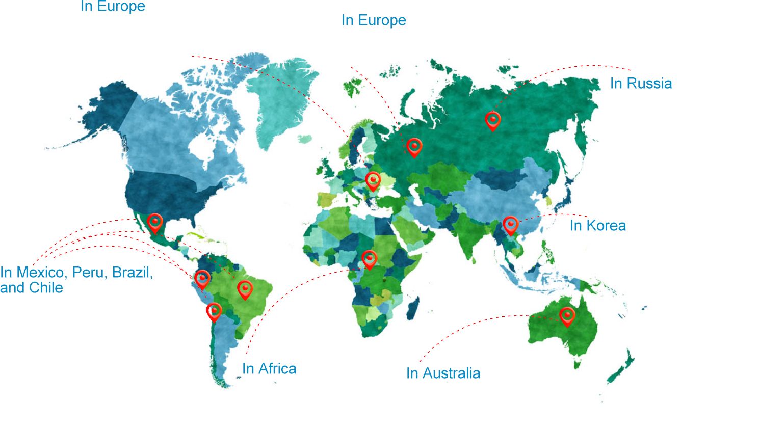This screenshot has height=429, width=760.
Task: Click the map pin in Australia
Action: (567, 316)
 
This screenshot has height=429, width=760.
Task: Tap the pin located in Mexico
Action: (154, 223)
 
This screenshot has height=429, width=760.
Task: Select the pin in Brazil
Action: (245, 289)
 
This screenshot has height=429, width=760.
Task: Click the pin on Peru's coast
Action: (202, 279)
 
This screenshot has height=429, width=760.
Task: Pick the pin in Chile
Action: (214, 311)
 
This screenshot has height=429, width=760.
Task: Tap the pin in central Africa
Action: (369, 259)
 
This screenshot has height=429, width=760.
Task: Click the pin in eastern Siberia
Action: (492, 120)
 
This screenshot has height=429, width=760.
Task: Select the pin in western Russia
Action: (414, 147)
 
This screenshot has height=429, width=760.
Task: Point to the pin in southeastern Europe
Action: (373, 180)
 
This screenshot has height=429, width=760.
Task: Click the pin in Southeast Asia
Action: (510, 225)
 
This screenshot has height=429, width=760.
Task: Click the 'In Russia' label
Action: (641, 84)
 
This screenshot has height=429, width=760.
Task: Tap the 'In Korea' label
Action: (597, 226)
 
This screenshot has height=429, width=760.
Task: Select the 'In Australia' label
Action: (443, 373)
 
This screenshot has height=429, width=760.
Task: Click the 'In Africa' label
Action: (269, 369)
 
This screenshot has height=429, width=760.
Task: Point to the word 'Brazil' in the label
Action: (132, 272)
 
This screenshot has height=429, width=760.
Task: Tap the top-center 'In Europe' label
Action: (374, 20)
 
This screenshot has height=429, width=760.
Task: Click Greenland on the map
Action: (280, 102)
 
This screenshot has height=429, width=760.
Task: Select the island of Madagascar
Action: (413, 308)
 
